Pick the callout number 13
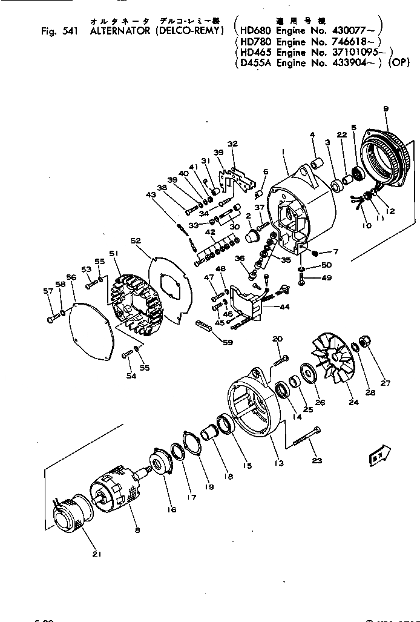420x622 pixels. pyautogui.click(x=279, y=463)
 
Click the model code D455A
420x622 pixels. pyautogui.click(x=254, y=62)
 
